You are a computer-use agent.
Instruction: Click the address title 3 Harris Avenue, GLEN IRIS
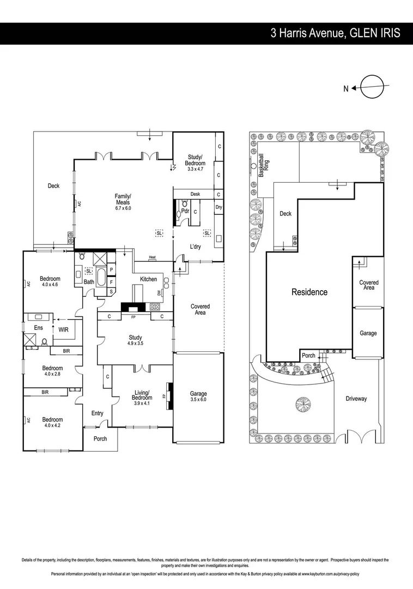click(x=335, y=33)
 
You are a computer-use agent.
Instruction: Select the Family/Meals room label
click(x=123, y=202)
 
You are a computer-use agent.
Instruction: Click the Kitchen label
click(x=148, y=279)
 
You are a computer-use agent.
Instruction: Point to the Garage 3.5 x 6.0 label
click(x=198, y=396)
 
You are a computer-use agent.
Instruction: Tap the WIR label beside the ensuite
click(x=63, y=329)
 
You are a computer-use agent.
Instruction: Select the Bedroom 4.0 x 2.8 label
click(x=53, y=371)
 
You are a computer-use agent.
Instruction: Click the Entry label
click(x=97, y=413)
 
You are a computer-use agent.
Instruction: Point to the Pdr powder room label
click(x=185, y=210)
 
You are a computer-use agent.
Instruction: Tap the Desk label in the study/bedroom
click(x=195, y=194)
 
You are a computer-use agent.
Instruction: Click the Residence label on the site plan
click(x=309, y=292)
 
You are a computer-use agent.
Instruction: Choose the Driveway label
click(x=356, y=399)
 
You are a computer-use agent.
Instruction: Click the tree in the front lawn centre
click(x=302, y=405)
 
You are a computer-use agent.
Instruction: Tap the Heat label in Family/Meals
click(x=153, y=258)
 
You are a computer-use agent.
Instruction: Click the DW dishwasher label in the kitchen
click(x=159, y=293)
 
